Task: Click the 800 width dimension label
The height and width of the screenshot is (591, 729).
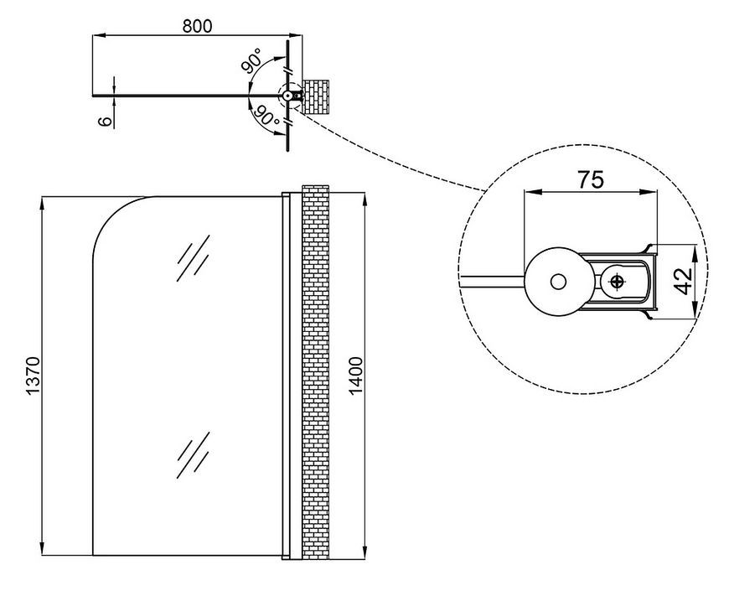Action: (197, 26)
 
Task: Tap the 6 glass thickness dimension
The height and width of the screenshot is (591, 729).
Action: (106, 121)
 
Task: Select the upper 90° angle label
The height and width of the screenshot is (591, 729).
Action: (251, 60)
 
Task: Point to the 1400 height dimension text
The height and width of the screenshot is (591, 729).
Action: (355, 376)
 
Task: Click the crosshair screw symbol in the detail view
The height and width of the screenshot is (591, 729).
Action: (618, 282)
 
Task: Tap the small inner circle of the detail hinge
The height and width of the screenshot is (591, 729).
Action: (558, 282)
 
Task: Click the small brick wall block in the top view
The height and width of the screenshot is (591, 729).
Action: (316, 96)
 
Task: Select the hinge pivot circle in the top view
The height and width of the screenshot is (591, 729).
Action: (287, 96)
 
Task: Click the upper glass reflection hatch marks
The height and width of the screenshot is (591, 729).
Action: (193, 257)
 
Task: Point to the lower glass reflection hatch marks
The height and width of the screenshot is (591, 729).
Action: (193, 454)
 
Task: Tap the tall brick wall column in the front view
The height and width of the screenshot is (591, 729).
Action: (316, 372)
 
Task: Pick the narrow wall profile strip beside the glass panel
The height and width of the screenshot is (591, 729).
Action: (286, 376)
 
